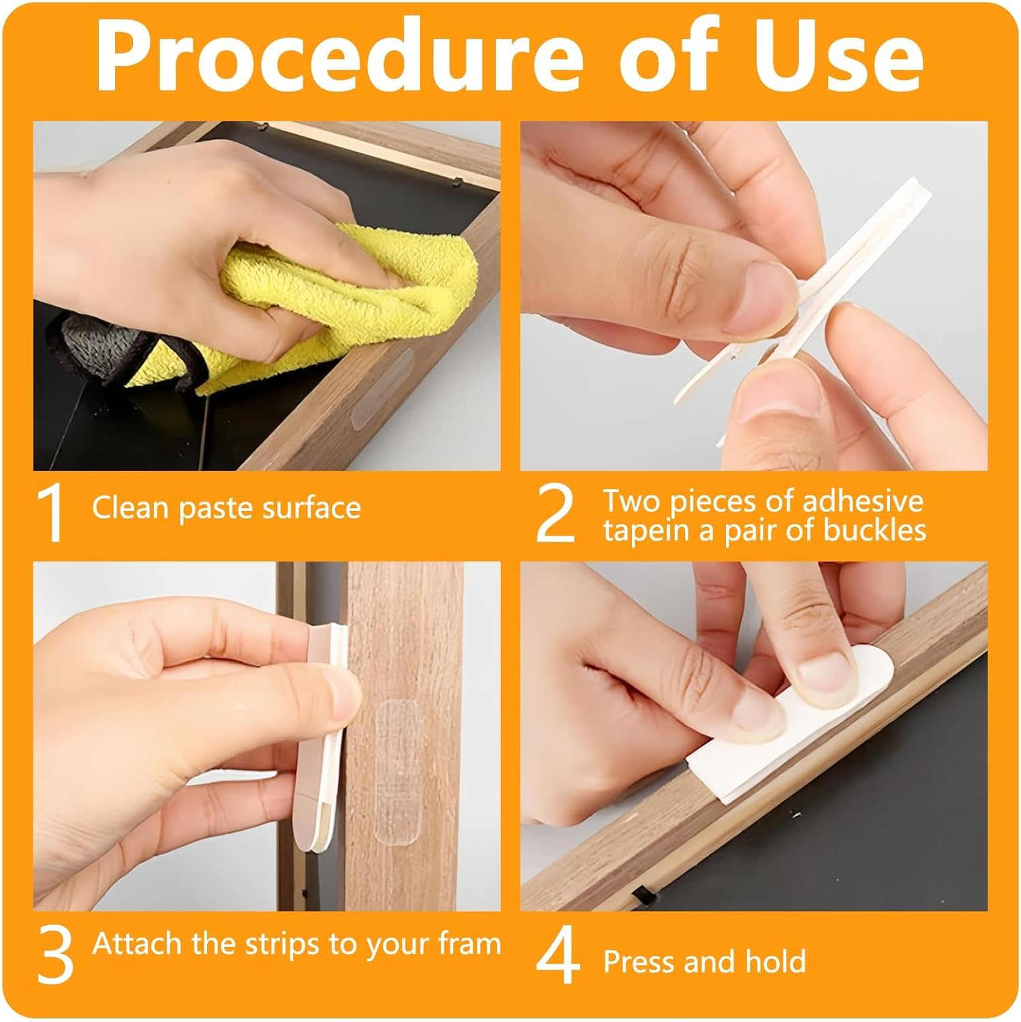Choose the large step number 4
tap(559, 957)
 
